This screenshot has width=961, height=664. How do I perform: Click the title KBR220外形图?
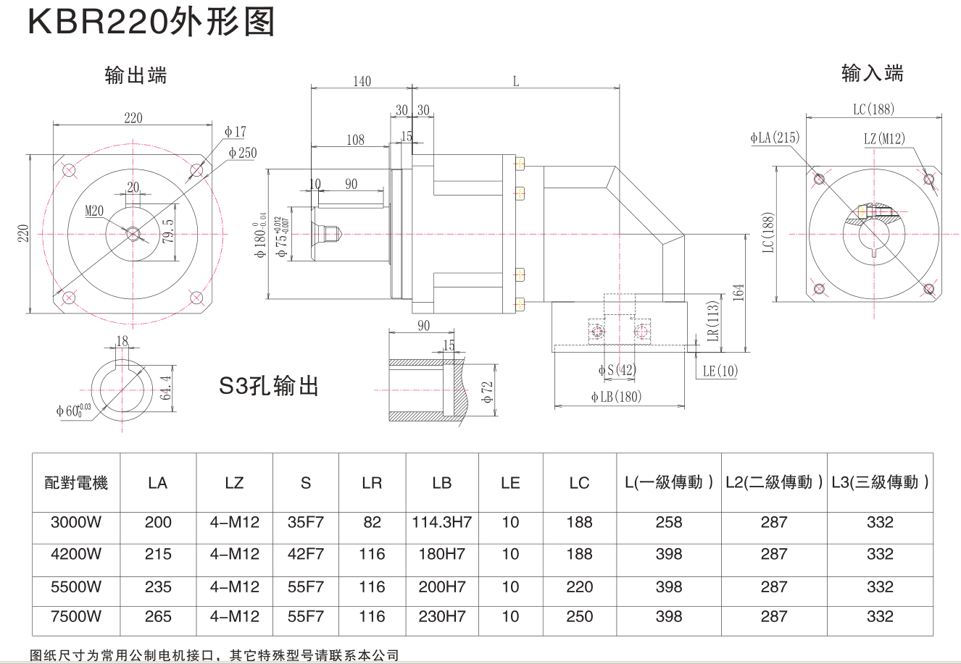[151, 22]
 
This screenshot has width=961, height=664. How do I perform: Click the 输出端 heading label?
[136, 75]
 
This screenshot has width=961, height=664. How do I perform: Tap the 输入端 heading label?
[872, 73]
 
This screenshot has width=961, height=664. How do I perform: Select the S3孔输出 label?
[269, 386]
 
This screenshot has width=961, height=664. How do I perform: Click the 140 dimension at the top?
[362, 81]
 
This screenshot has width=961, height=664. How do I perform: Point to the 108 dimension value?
[355, 140]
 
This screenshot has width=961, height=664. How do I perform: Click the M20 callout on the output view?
[94, 211]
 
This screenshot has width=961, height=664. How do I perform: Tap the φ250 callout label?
[242, 153]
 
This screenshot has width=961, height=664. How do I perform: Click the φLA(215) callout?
[775, 138]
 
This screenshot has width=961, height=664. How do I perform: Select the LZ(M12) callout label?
[884, 138]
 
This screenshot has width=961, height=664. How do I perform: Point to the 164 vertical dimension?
[738, 292]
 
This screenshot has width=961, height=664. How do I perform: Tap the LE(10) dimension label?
[720, 371]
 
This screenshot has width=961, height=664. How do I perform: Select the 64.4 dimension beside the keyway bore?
[167, 387]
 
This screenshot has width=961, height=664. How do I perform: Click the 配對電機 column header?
[76, 483]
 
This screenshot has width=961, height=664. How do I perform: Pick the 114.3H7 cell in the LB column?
[441, 522]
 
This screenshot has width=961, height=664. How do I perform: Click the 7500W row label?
[76, 617]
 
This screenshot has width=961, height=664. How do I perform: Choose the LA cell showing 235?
[158, 587]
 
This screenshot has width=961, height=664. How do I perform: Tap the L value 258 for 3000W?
[668, 522]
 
